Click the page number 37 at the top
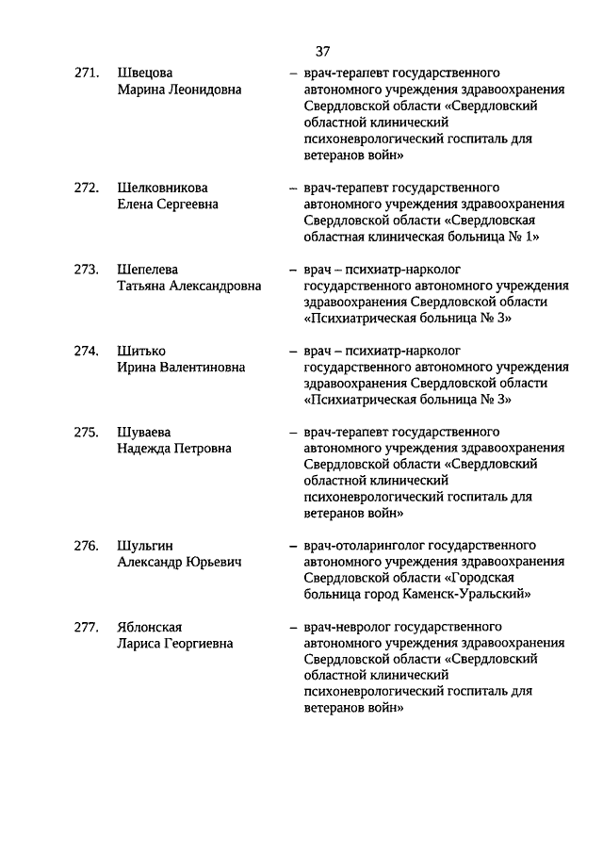click(x=322, y=51)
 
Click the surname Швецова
click(x=145, y=73)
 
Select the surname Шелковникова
click(x=162, y=188)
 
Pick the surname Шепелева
click(x=147, y=270)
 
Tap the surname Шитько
click(x=140, y=351)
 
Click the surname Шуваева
click(x=145, y=433)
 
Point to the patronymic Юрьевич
click(x=215, y=563)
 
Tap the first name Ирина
click(x=137, y=368)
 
